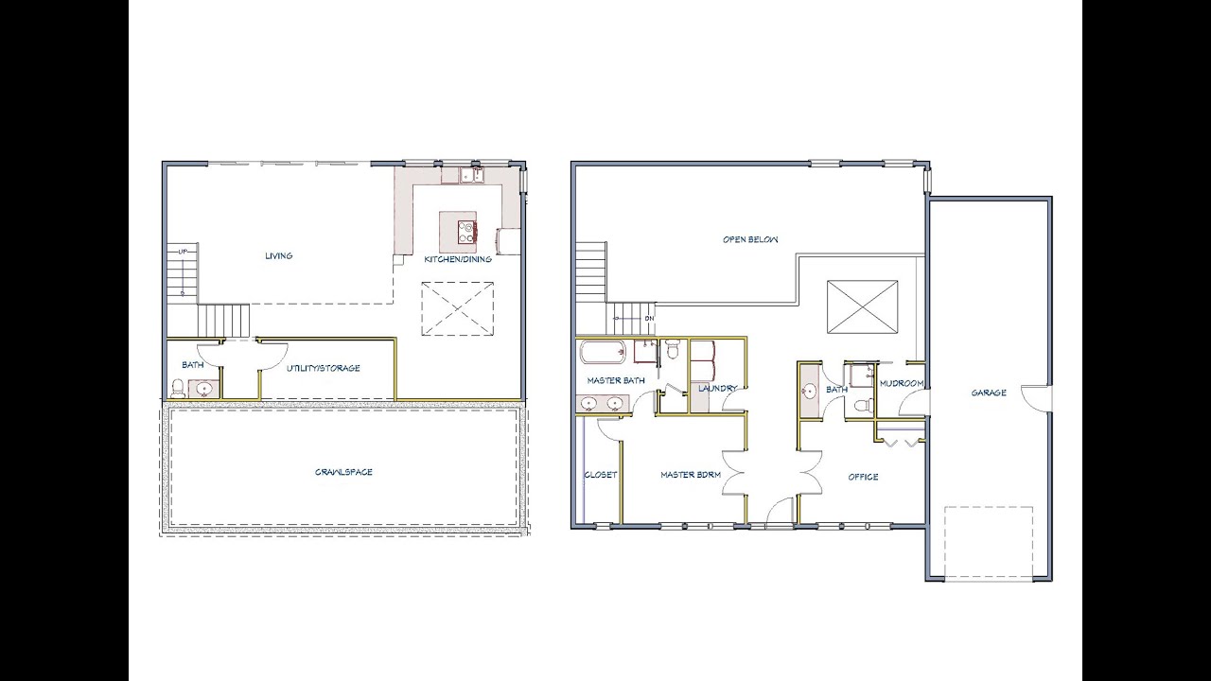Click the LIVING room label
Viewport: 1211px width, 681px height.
pyautogui.click(x=278, y=255)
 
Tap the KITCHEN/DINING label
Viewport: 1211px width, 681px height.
pyautogui.click(x=458, y=259)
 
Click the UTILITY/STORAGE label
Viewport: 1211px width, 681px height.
pyautogui.click(x=323, y=368)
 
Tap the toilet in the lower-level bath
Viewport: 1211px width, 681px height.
pyautogui.click(x=177, y=388)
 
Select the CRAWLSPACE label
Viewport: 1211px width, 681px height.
pyautogui.click(x=343, y=472)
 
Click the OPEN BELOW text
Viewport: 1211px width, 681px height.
pyautogui.click(x=750, y=239)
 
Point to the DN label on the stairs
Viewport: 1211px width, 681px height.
pyautogui.click(x=649, y=319)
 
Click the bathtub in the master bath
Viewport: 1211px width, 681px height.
pyautogui.click(x=603, y=354)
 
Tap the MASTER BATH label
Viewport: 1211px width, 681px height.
pyautogui.click(x=615, y=381)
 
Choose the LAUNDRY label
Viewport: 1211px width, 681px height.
pyautogui.click(x=717, y=388)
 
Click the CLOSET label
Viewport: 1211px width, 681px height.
pyautogui.click(x=600, y=475)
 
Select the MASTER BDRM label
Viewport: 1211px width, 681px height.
pyautogui.click(x=691, y=475)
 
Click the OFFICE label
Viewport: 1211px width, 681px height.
pyautogui.click(x=863, y=477)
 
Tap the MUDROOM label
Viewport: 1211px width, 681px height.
pyautogui.click(x=901, y=383)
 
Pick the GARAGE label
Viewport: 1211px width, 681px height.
pyautogui.click(x=989, y=393)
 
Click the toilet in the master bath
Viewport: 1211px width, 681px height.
pyautogui.click(x=673, y=351)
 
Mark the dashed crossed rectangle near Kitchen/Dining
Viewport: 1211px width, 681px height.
pyautogui.click(x=458, y=308)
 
